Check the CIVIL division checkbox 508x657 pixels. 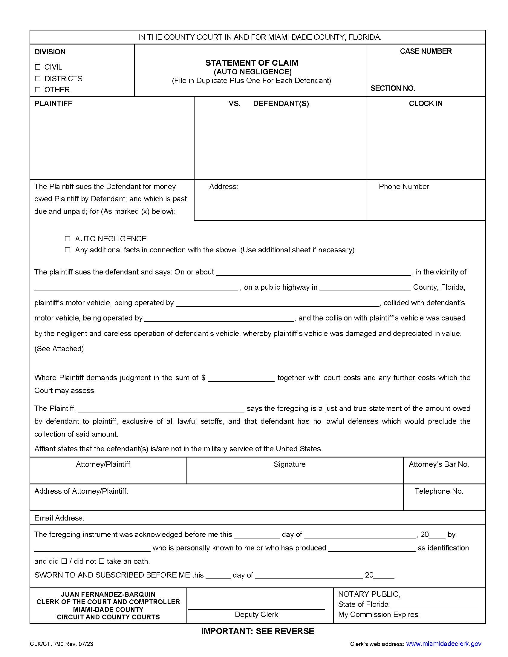coord(38,67)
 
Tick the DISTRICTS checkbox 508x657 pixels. coord(38,79)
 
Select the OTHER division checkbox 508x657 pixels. coord(38,90)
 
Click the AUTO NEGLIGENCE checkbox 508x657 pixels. coord(68,239)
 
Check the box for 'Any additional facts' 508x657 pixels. coord(68,250)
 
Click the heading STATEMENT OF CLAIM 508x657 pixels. coord(252,63)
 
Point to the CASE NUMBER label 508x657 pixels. coord(425,51)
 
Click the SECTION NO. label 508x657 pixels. coord(392,88)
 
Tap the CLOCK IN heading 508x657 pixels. coord(425,104)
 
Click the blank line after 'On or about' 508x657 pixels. coord(313,272)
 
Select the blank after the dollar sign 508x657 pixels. coord(241,378)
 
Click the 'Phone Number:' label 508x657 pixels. coord(405,187)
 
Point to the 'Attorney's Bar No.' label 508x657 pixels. coord(438,464)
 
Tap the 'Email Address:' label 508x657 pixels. coord(59,518)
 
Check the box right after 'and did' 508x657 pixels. coord(64,561)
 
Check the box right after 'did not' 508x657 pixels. coord(101,561)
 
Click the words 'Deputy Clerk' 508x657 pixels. coord(256,615)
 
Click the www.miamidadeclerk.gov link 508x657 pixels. coord(443,644)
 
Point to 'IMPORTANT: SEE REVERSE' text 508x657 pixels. coord(257,631)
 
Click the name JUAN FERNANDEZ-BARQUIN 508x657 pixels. coord(108,594)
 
